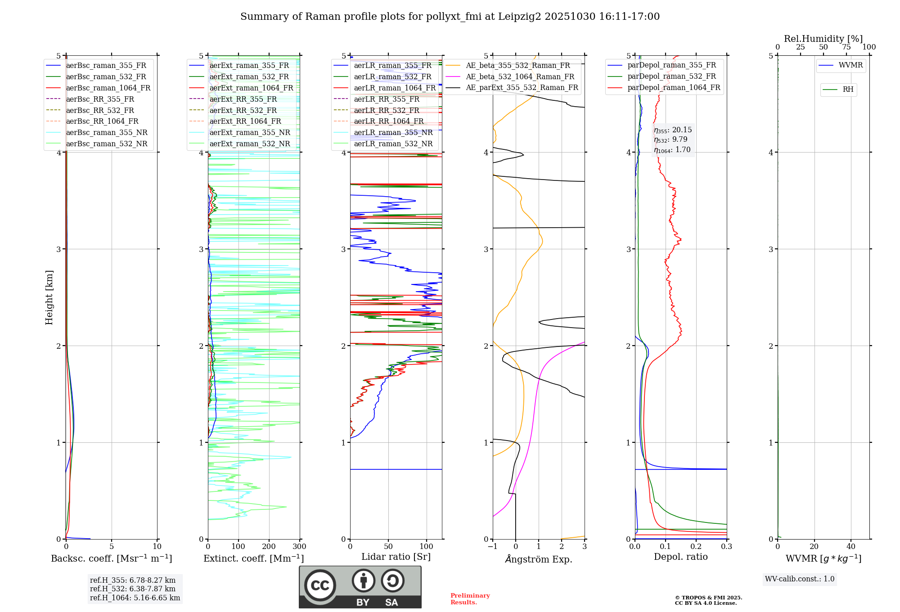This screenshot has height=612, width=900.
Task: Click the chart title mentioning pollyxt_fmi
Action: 450,17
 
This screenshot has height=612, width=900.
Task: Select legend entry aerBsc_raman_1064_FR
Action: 108,88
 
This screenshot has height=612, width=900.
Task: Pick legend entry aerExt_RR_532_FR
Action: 243,110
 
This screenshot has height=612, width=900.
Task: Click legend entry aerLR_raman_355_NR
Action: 393,132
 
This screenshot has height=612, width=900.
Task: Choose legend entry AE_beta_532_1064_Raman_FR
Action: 520,76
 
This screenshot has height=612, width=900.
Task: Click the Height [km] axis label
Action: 49,297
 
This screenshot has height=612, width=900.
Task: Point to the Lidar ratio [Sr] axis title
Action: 396,557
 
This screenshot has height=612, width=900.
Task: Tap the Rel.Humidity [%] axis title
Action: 823,39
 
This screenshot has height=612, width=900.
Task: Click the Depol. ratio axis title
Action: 680,557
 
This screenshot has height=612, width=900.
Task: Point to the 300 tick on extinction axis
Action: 299,547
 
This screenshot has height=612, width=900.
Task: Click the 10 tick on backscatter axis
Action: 157,547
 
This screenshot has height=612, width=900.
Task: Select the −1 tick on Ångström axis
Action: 492,547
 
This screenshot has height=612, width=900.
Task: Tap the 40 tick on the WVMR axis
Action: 850,547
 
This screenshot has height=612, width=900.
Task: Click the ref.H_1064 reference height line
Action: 135,598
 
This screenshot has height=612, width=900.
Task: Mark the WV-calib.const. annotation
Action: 799,579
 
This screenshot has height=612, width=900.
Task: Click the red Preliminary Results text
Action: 470,599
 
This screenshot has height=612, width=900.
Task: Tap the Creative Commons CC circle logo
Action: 320,585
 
